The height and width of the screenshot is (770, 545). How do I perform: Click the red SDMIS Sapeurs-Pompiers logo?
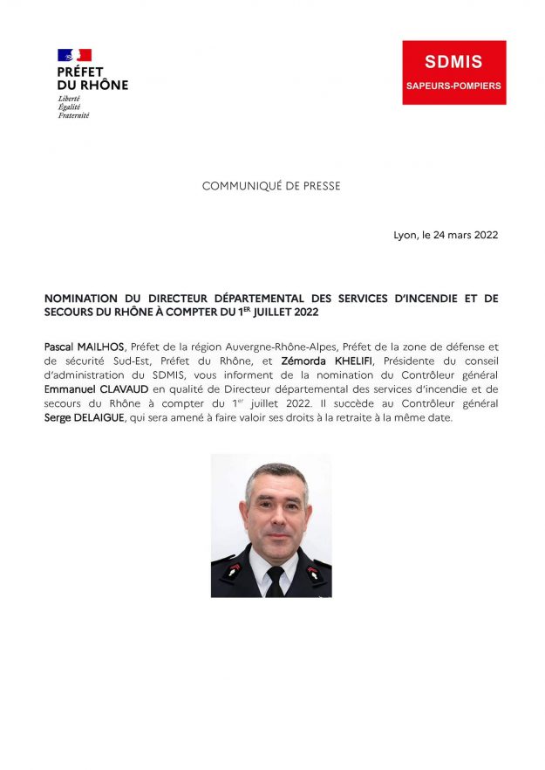click(x=453, y=72)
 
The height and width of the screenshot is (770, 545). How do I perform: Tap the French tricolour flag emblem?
click(x=74, y=55)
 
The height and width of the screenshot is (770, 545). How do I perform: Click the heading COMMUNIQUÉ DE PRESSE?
click(x=271, y=186)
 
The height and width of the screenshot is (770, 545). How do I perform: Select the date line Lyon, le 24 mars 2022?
click(x=446, y=236)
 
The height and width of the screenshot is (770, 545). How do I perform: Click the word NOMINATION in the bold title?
click(x=86, y=299)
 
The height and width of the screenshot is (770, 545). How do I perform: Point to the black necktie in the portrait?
click(x=275, y=581)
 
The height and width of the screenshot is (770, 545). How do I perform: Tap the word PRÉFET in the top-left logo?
click(x=80, y=72)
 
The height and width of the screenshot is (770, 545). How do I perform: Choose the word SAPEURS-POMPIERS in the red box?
click(x=453, y=86)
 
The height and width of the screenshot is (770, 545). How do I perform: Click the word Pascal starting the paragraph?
click(x=60, y=346)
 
